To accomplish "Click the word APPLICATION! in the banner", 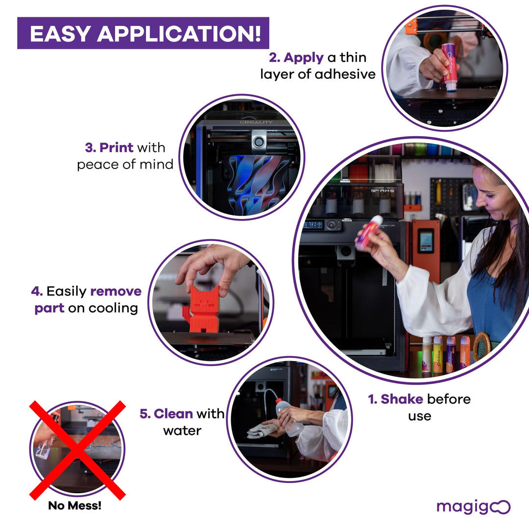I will pyautogui.click(x=179, y=33).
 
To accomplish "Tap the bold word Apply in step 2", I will pyautogui.click(x=304, y=58).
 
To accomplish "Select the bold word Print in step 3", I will pyautogui.click(x=118, y=148).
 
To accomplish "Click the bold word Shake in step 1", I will pyautogui.click(x=402, y=399).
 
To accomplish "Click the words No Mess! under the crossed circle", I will pyautogui.click(x=75, y=506).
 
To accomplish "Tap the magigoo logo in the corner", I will pyautogui.click(x=473, y=506).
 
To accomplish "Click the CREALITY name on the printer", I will pyautogui.click(x=256, y=122).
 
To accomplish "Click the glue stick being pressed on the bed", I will pyautogui.click(x=449, y=67).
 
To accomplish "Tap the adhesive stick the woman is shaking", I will pyautogui.click(x=369, y=232).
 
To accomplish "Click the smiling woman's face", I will pyautogui.click(x=495, y=196).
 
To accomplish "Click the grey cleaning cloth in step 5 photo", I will pyautogui.click(x=262, y=431).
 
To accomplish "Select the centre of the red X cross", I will pyautogui.click(x=77, y=450).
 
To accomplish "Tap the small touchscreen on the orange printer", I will pyautogui.click(x=425, y=241).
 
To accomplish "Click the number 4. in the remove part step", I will pyautogui.click(x=37, y=291).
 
